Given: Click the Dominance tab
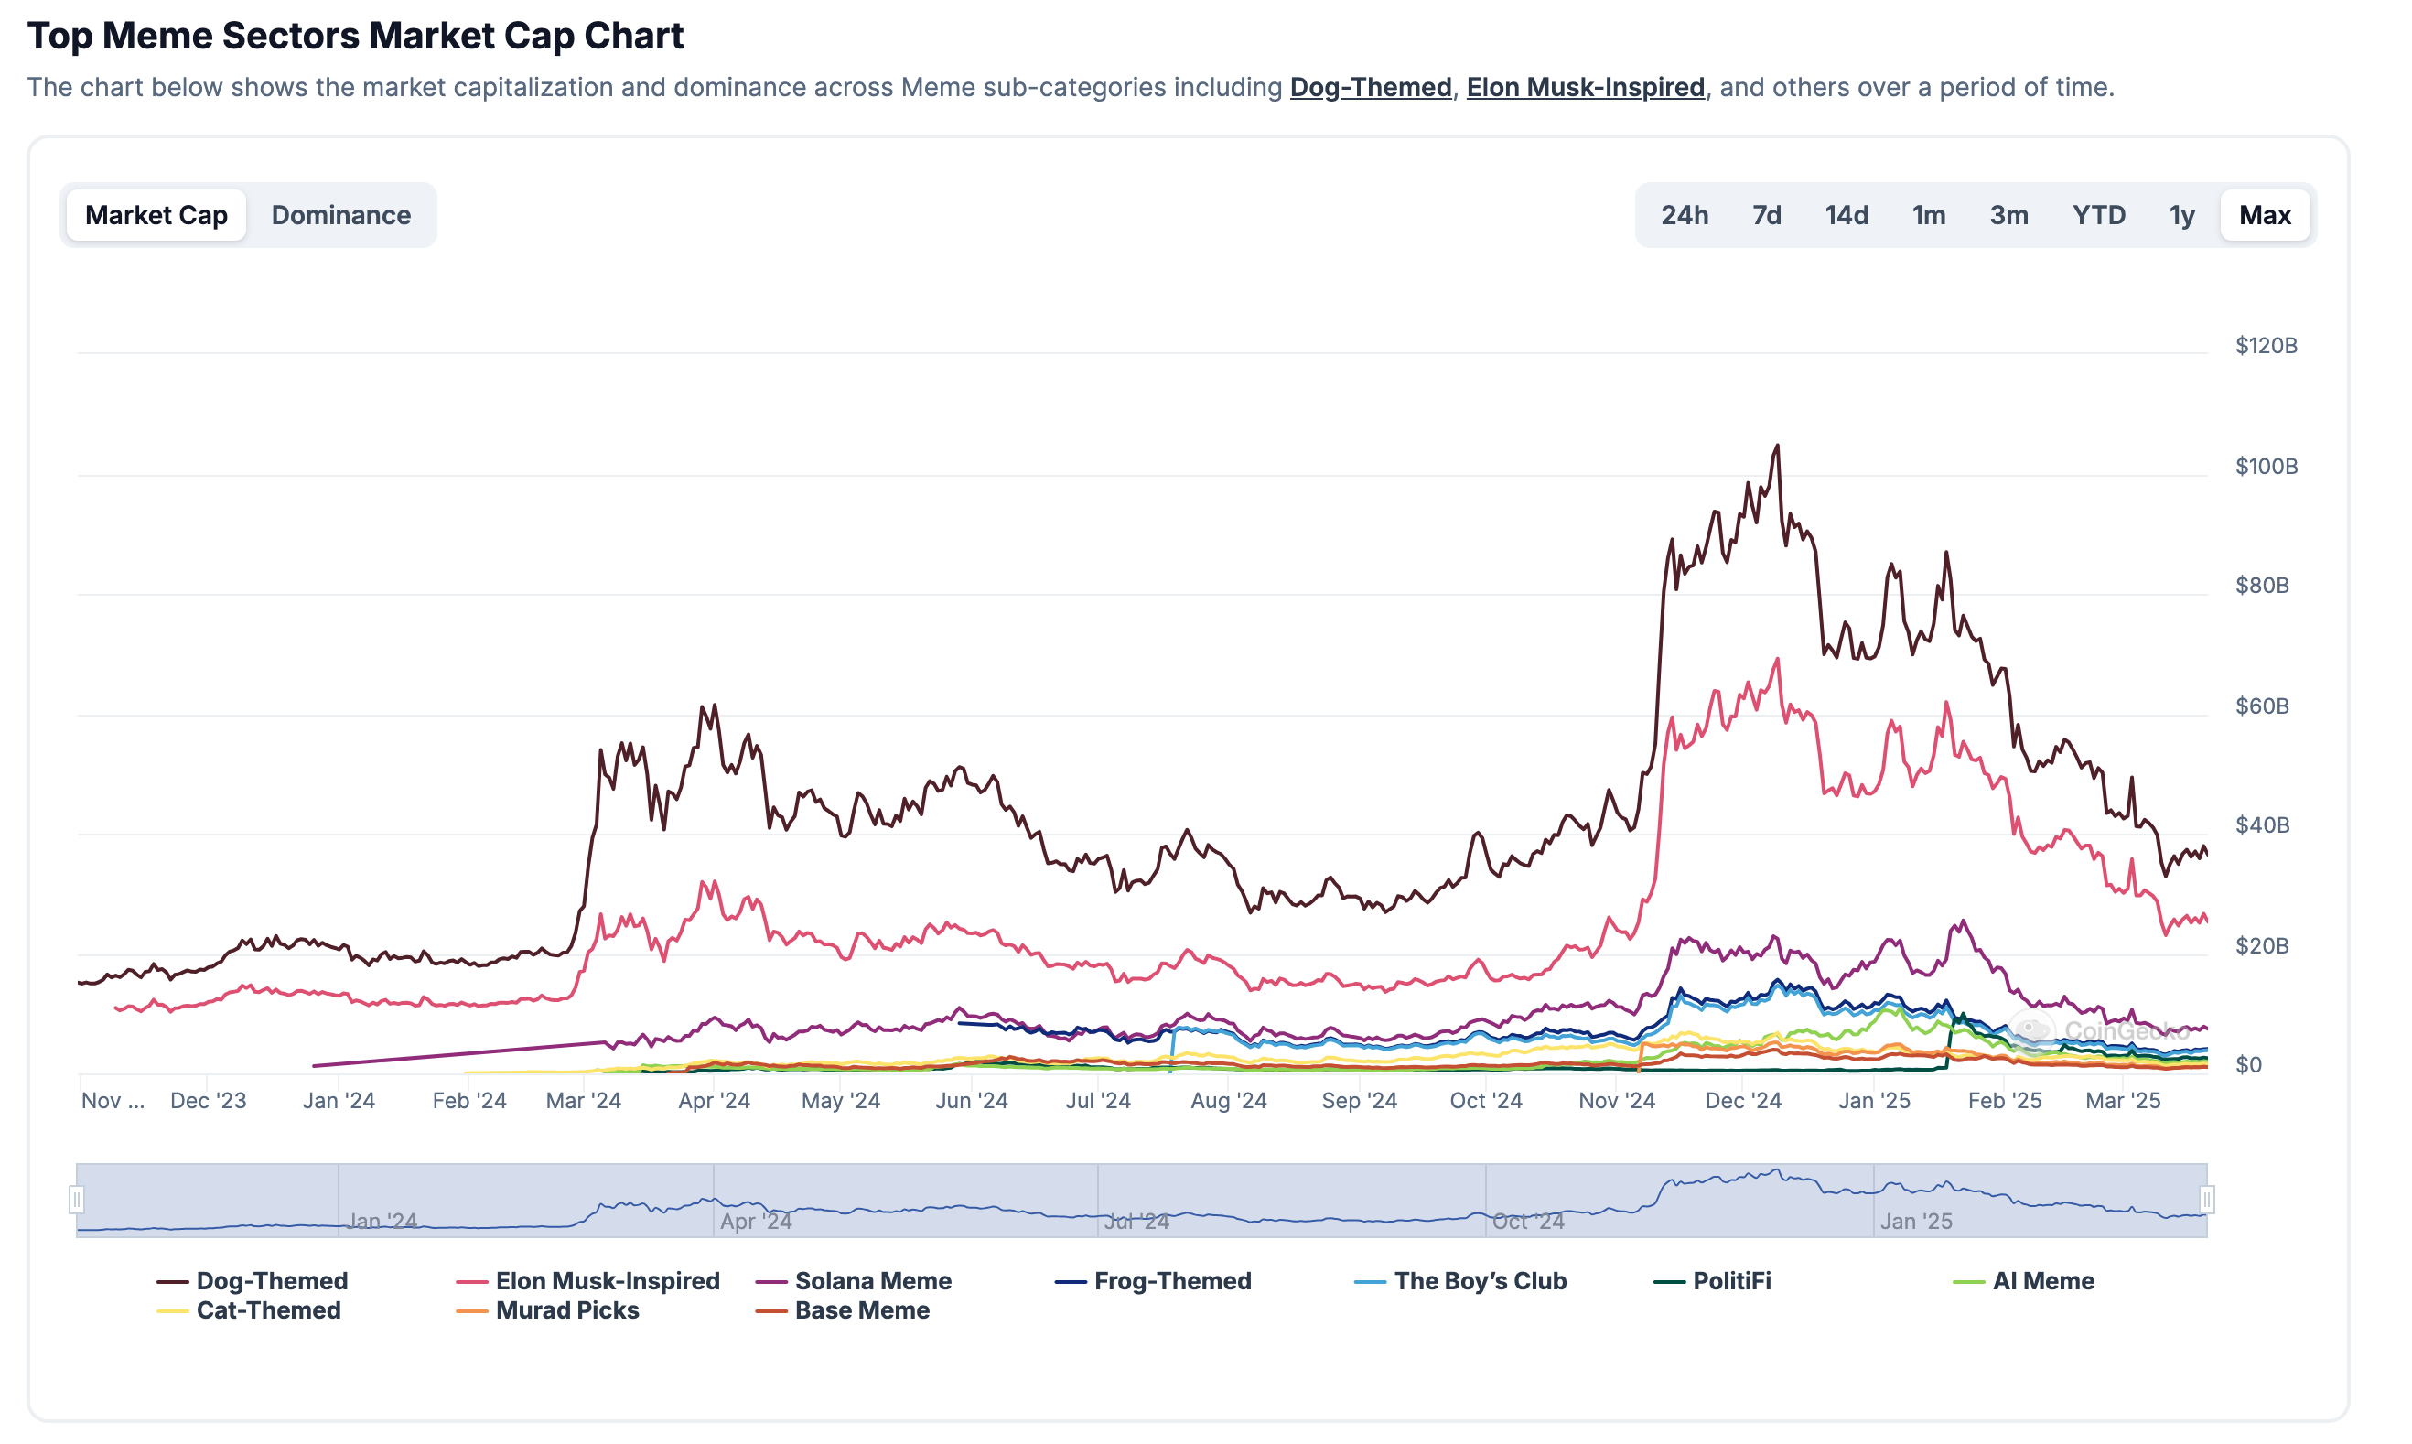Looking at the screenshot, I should click(340, 215).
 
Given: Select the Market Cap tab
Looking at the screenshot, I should click(156, 215).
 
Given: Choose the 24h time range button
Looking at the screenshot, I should click(1684, 215).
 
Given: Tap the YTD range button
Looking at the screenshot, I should click(2098, 215).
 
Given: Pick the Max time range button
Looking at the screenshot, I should click(2264, 215).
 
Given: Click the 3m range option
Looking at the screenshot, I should click(2008, 215).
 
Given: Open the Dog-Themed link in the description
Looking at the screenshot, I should click(1370, 88).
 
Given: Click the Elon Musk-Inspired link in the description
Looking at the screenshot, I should click(1585, 88).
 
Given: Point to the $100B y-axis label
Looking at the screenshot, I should click(2267, 466).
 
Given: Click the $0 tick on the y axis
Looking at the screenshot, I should click(2247, 1064).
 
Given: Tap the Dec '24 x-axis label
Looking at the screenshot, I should click(1742, 1101).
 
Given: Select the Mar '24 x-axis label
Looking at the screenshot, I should click(583, 1101).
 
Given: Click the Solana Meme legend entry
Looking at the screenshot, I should click(873, 1280).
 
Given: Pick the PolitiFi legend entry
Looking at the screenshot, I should click(1731, 1280).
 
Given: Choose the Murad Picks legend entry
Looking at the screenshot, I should click(566, 1310).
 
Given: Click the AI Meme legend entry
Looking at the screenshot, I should click(2042, 1280).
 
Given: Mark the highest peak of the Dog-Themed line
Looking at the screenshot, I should click(1778, 446).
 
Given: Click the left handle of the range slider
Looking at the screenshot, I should click(77, 1200).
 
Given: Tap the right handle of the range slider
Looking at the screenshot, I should click(2207, 1200).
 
